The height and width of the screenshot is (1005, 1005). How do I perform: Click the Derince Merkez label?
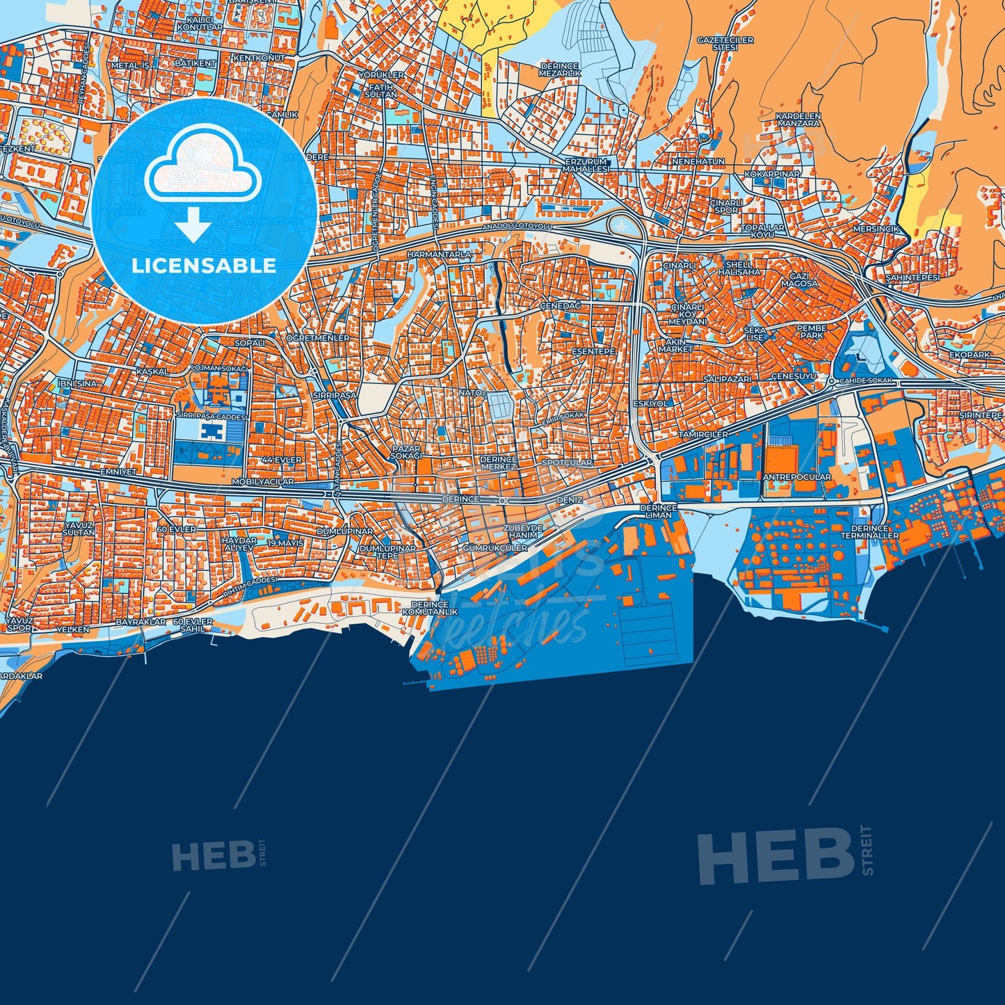(498, 463)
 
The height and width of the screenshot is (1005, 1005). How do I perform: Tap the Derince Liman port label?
(659, 511)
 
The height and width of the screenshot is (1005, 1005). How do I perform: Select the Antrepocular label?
(796, 477)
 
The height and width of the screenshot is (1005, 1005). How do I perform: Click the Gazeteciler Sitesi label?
(725, 44)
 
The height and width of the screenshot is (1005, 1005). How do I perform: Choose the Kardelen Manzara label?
(798, 120)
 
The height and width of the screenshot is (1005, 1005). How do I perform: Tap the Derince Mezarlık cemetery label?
(560, 70)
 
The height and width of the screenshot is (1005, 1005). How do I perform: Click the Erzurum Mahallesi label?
(586, 165)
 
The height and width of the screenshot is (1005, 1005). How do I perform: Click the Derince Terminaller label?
(869, 532)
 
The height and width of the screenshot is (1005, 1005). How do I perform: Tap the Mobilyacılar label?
(262, 481)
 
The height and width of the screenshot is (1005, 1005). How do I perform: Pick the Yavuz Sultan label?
(79, 528)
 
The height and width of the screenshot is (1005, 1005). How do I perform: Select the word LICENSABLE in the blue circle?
(204, 266)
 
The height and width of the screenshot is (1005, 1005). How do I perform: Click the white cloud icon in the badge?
(202, 167)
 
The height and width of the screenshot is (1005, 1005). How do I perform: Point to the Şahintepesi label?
(912, 278)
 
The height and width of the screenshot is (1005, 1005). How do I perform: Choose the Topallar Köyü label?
(762, 231)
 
